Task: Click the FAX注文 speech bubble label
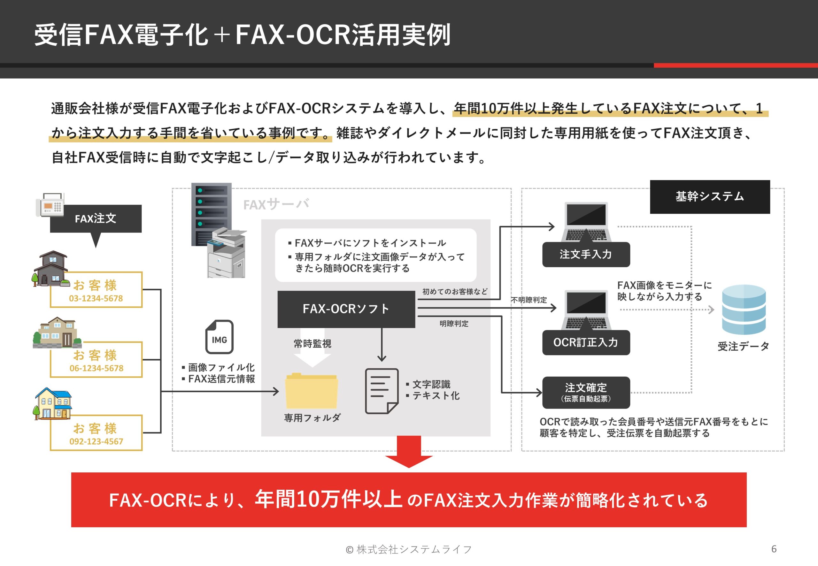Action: tap(96, 218)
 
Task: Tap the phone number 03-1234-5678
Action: tap(96, 298)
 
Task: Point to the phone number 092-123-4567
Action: tap(96, 441)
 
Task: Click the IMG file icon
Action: tap(219, 337)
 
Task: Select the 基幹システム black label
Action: tap(709, 196)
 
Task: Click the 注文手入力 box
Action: tap(586, 254)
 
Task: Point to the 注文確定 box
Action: tap(586, 392)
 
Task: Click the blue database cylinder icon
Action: tap(744, 309)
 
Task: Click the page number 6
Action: tap(774, 549)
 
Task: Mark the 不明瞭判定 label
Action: tap(529, 300)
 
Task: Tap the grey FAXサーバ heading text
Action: tap(276, 204)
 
